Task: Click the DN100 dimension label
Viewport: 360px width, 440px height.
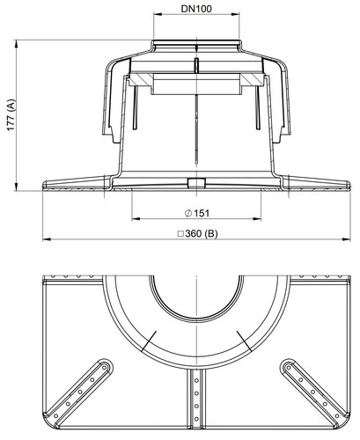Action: pyautogui.click(x=196, y=9)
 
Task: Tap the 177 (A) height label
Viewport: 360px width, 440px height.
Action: pyautogui.click(x=11, y=115)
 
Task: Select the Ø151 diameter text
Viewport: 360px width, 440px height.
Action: pyautogui.click(x=197, y=213)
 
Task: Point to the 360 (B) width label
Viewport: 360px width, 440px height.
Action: pyautogui.click(x=198, y=234)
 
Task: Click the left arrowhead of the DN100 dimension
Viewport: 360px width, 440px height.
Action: pyautogui.click(x=158, y=14)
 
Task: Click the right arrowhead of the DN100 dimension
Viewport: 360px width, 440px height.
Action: pyautogui.click(x=236, y=14)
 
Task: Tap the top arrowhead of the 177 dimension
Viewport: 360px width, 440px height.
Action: pyautogui.click(x=16, y=44)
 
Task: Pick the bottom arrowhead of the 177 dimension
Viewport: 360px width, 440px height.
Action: pyautogui.click(x=16, y=187)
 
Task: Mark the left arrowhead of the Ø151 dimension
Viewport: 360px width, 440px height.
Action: pyautogui.click(x=136, y=218)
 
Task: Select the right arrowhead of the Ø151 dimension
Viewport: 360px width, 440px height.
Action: pyautogui.click(x=257, y=218)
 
